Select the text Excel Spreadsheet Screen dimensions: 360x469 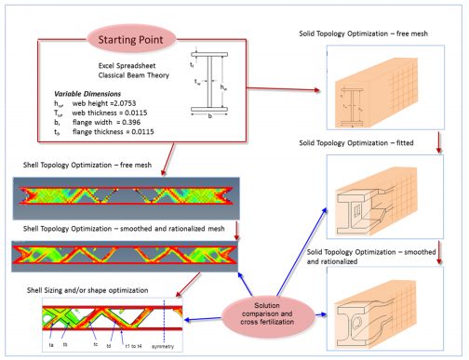pos(129,66)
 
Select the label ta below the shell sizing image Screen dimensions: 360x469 pos(51,343)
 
